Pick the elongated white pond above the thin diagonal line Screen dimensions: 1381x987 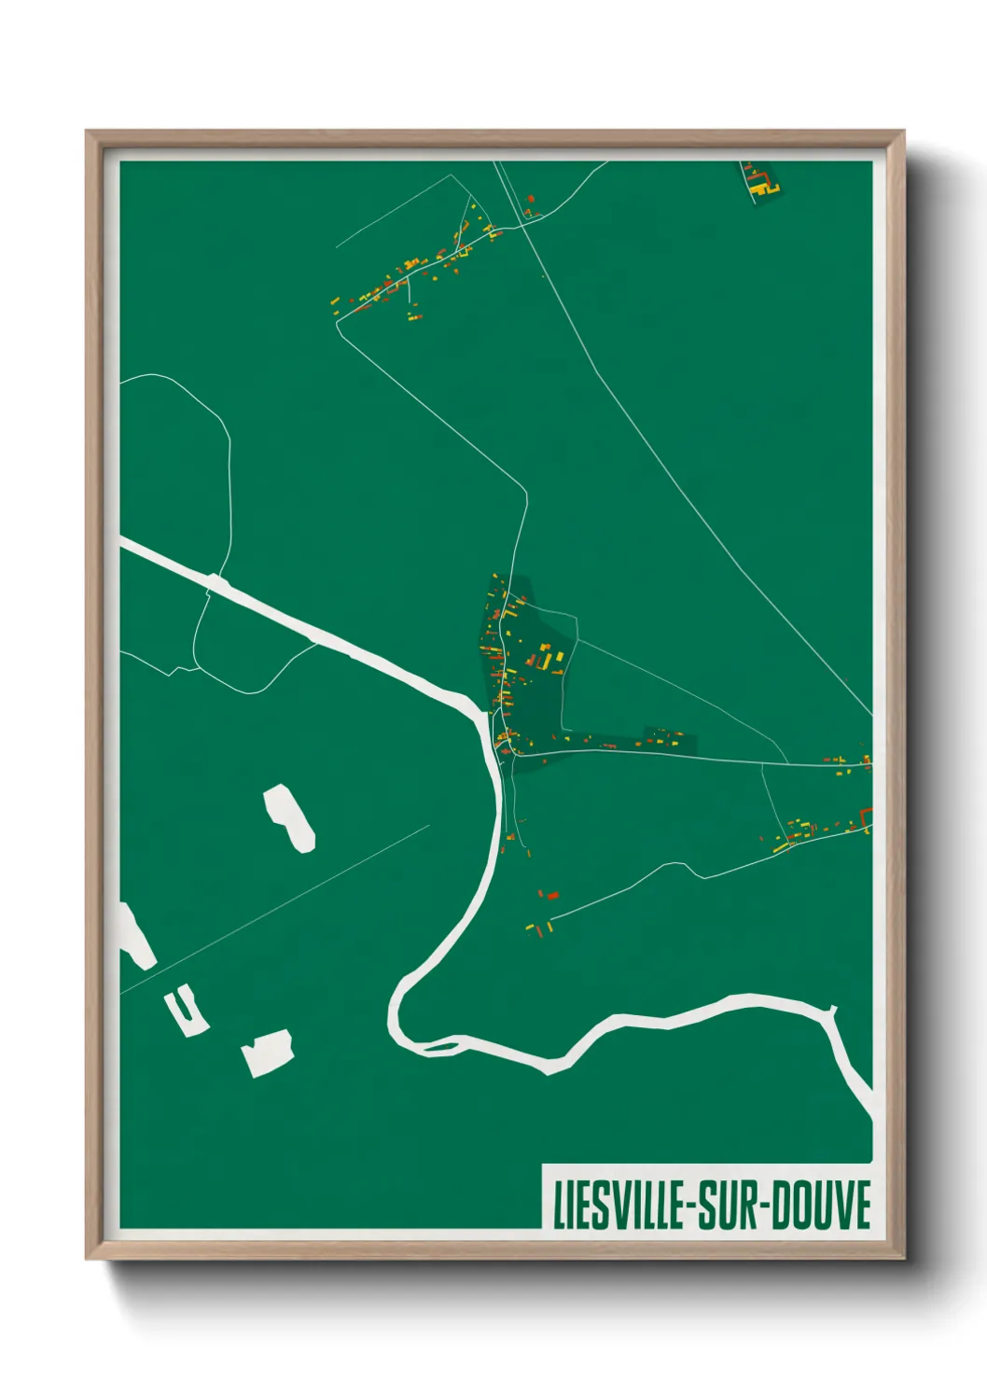pyautogui.click(x=289, y=816)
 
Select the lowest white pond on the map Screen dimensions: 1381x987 pyautogui.click(x=268, y=1053)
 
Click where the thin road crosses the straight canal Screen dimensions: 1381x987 pyautogui.click(x=216, y=583)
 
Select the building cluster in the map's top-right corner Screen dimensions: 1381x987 pyautogui.click(x=761, y=181)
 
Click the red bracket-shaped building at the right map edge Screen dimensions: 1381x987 pyautogui.click(x=868, y=821)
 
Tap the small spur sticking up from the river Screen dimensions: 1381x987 pyautogui.click(x=833, y=1010)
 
